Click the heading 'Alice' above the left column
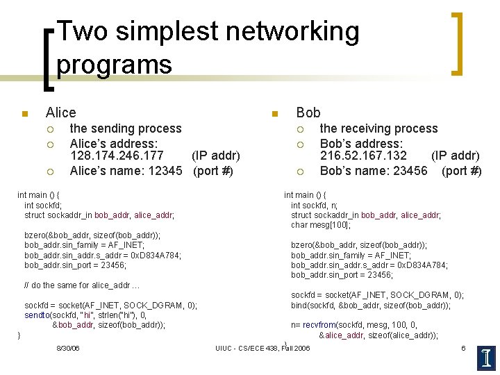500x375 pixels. coord(60,112)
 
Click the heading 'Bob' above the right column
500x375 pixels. coord(308,112)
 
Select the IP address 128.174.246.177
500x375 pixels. coord(117,156)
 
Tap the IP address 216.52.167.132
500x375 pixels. coord(363,156)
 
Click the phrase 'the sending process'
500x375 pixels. coord(126,128)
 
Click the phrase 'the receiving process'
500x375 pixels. coord(378,128)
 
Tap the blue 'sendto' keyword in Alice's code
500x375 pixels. coord(37,315)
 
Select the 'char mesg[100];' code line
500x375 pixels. coord(321,225)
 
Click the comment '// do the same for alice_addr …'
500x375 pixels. coord(82,285)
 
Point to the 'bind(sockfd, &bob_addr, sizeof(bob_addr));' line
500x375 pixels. coord(371,306)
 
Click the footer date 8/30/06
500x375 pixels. coord(67,347)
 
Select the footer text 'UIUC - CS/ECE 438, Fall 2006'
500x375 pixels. coord(262,348)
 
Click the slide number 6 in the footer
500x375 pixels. coord(463,347)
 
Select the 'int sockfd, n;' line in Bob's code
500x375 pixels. coord(314,205)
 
